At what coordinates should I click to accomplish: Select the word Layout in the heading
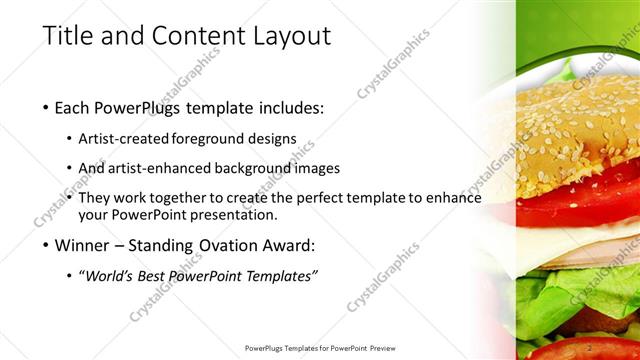coord(290,36)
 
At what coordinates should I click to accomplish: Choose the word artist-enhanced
coord(161,168)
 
